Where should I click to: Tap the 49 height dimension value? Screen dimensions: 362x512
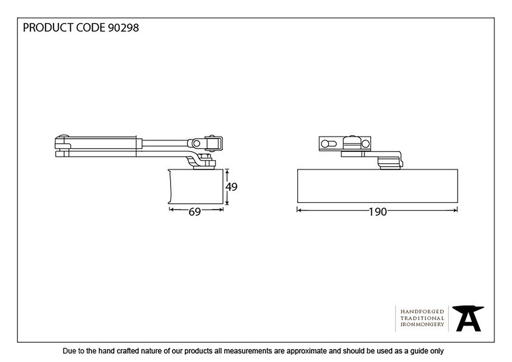(231, 187)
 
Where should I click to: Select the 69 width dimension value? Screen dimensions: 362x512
(195, 212)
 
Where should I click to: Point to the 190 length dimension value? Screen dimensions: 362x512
(378, 212)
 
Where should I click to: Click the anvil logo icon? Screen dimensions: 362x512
(467, 318)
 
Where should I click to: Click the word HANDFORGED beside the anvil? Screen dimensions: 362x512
(422, 312)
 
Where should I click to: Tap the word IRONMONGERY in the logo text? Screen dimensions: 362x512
(422, 325)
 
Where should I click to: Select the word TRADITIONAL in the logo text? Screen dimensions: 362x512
(422, 318)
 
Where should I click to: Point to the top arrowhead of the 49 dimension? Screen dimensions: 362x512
(227, 171)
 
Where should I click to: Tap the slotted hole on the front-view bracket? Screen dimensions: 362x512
(328, 143)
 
